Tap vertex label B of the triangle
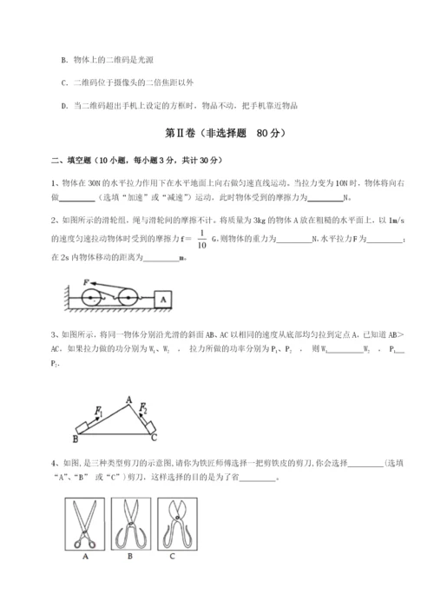coord(76,439)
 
